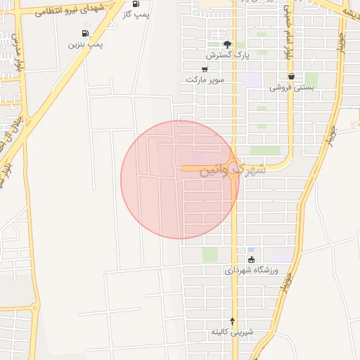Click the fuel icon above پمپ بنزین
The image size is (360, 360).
85,33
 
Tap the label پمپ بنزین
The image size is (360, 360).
85,44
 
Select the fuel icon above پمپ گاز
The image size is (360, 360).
136,4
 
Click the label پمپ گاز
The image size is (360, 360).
136,15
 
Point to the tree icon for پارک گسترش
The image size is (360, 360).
226,44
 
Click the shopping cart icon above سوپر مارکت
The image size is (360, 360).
205,70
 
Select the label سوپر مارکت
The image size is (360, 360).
205,80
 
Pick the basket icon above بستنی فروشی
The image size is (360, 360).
291,77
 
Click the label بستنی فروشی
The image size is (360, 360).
291,88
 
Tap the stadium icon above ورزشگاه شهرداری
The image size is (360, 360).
252,259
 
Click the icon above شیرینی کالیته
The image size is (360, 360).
232,321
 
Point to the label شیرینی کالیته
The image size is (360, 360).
232,332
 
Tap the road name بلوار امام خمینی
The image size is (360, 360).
287,32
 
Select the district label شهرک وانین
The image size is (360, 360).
232,170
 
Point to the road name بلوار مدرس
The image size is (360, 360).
17,53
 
